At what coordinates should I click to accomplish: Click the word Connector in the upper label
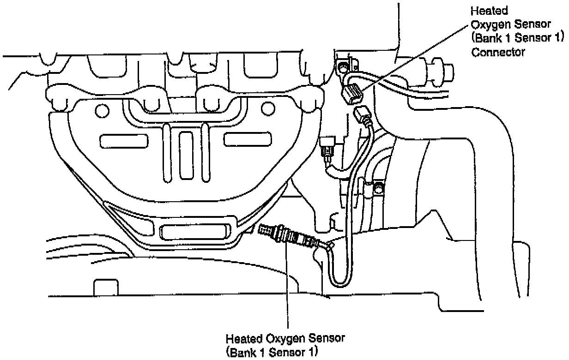click(497, 52)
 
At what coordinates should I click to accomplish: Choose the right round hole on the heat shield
click(266, 109)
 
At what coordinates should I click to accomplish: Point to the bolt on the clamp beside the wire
click(378, 188)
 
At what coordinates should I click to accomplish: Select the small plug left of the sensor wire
click(328, 146)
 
